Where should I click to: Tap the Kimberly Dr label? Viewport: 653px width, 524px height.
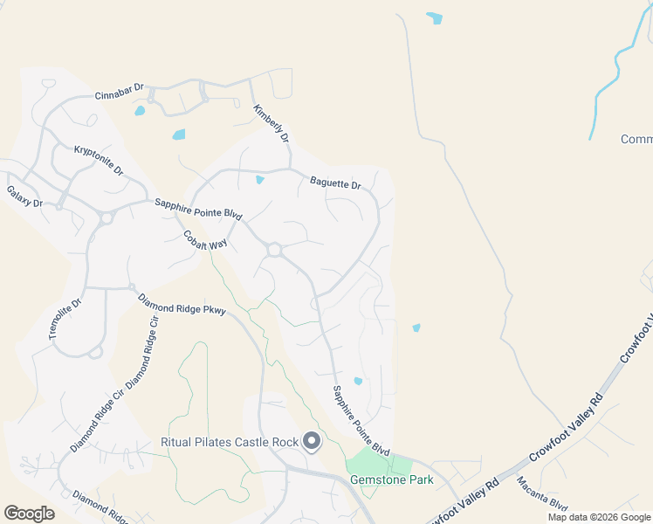[x=271, y=124]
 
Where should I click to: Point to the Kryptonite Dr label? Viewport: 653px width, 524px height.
[x=99, y=160]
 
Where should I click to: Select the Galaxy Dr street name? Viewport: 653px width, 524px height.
[x=24, y=196]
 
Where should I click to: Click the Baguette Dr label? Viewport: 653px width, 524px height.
[x=335, y=183]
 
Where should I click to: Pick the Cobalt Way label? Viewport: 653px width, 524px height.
[x=205, y=240]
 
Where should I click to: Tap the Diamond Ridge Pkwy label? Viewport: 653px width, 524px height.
[x=182, y=303]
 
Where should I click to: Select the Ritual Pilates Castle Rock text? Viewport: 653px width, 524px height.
[x=230, y=442]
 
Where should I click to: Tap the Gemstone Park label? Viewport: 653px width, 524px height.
[x=380, y=479]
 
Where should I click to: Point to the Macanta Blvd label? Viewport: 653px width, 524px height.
[x=541, y=495]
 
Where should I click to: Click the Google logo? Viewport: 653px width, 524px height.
[x=29, y=514]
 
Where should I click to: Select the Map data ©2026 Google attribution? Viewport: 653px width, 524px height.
[x=599, y=517]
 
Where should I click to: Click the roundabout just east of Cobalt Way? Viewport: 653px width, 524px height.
[x=274, y=251]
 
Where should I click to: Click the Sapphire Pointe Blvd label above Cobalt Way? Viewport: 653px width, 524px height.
[x=197, y=208]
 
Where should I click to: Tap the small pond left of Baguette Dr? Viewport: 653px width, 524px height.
[x=259, y=181]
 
